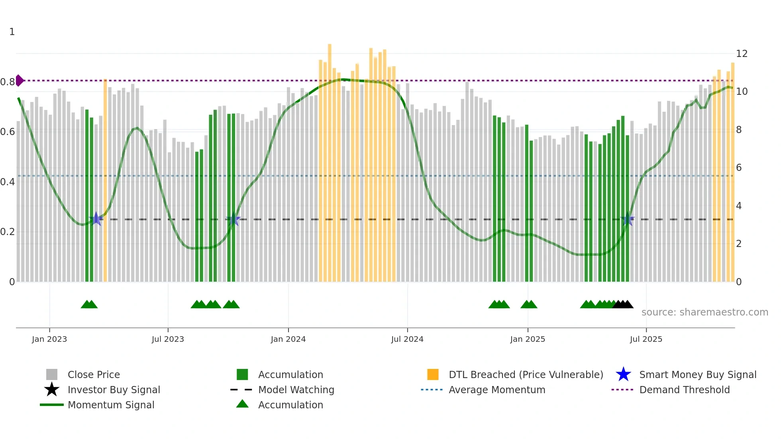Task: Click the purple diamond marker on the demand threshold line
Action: pyautogui.click(x=20, y=80)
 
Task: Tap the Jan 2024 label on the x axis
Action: pyautogui.click(x=288, y=339)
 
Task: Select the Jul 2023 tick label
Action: pyautogui.click(x=168, y=339)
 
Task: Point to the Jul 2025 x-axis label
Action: pyautogui.click(x=646, y=339)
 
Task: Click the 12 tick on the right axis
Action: pyautogui.click(x=742, y=54)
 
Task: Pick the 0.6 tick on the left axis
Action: pyautogui.click(x=8, y=132)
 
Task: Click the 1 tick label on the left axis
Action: pyautogui.click(x=12, y=32)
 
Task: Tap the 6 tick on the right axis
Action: pyautogui.click(x=739, y=168)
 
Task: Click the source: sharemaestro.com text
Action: pyautogui.click(x=704, y=312)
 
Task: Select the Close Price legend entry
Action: pyautogui.click(x=94, y=374)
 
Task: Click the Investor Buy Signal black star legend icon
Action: pyautogui.click(x=52, y=390)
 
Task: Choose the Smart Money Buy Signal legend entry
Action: pyautogui.click(x=697, y=374)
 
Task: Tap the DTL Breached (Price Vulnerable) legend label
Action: pyautogui.click(x=526, y=374)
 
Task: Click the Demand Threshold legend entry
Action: pyautogui.click(x=684, y=390)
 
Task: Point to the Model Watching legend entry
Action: pyautogui.click(x=296, y=390)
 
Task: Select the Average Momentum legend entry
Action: pyautogui.click(x=496, y=390)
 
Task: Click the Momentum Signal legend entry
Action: pyautogui.click(x=111, y=405)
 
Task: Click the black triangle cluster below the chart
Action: pyautogui.click(x=623, y=304)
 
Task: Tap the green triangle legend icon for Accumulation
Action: pyautogui.click(x=242, y=404)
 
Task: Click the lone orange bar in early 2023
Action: pyautogui.click(x=105, y=179)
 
